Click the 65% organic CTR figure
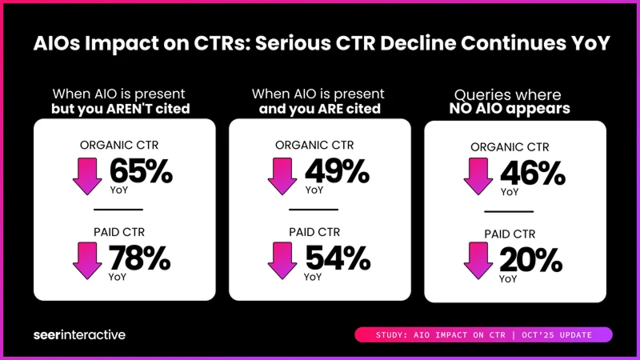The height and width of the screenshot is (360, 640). (x=139, y=171)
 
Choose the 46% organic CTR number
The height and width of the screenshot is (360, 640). (x=530, y=174)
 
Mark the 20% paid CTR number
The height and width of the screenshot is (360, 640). (x=530, y=260)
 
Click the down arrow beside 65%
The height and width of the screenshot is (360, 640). (x=87, y=176)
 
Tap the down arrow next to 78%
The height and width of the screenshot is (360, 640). (x=87, y=261)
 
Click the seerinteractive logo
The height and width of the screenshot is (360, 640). (x=79, y=334)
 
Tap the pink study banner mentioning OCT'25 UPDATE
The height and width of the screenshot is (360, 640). (x=482, y=334)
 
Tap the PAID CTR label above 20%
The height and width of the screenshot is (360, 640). (x=510, y=235)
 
